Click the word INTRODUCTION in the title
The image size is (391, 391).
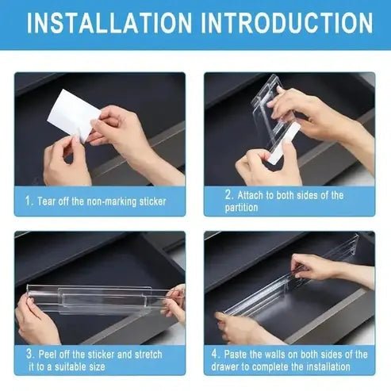pos(288,22)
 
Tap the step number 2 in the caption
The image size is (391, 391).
pos(228,195)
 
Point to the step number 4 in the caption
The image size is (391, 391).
pos(217,355)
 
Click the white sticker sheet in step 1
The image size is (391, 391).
pos(71,115)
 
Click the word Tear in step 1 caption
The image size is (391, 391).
pos(48,201)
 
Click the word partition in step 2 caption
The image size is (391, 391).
pos(241,208)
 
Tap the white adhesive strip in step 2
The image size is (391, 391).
pos(282,143)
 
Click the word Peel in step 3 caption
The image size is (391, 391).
pos(49,354)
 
